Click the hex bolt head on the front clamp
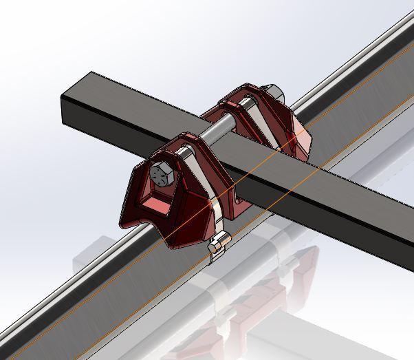click(x=162, y=173)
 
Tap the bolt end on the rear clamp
click(x=270, y=91)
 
